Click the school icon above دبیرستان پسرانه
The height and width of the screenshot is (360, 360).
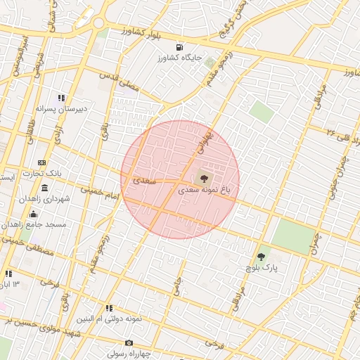62,98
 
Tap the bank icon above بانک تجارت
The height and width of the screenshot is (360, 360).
41,162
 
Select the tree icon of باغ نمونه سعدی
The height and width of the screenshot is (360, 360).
204,179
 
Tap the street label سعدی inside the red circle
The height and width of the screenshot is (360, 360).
144,181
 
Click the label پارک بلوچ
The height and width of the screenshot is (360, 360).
262,269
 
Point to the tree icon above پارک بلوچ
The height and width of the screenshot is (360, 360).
262,257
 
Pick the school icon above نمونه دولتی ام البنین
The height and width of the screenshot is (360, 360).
110,308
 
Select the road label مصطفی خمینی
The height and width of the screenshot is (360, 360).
21,245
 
